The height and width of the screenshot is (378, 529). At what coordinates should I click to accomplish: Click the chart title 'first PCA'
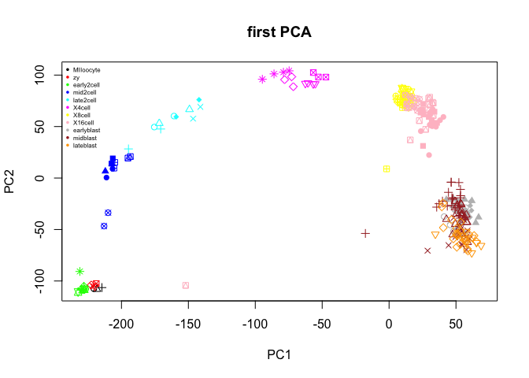click(x=279, y=33)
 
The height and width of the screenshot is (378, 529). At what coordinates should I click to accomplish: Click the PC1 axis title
click(x=279, y=355)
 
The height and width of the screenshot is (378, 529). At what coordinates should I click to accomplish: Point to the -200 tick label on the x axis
click(x=121, y=324)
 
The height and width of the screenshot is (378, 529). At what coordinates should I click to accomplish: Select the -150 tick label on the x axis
click(x=188, y=324)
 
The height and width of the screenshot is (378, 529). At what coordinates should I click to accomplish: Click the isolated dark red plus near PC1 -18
click(x=365, y=233)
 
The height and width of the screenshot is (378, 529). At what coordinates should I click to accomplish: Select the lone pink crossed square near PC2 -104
click(x=186, y=285)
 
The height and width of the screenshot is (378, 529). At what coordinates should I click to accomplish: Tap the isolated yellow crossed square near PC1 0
click(x=387, y=169)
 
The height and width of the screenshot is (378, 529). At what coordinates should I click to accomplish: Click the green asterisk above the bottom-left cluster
click(x=80, y=271)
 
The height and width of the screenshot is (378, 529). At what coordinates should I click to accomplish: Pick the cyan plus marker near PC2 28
click(x=128, y=149)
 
